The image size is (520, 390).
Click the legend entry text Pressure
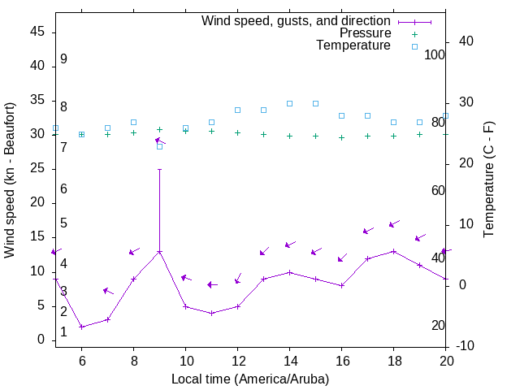(x=365, y=33)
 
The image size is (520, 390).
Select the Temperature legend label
(x=353, y=45)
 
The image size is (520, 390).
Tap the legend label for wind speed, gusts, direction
(x=297, y=21)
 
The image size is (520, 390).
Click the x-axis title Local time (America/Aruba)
(x=250, y=379)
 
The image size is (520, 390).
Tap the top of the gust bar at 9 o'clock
(x=159, y=170)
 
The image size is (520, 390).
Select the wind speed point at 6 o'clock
(x=81, y=327)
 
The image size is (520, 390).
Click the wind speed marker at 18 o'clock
(x=393, y=251)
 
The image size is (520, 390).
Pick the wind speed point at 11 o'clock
(x=211, y=313)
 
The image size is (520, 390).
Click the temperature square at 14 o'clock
(x=289, y=103)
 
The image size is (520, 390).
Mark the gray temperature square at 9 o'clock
(x=159, y=146)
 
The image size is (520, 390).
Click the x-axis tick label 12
(x=237, y=361)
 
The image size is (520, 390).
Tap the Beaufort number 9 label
(x=63, y=59)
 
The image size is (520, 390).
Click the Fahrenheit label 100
(x=435, y=55)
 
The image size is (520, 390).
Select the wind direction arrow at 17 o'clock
(x=368, y=231)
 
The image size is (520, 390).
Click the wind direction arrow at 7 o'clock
(x=108, y=291)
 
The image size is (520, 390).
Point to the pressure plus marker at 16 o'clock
(x=341, y=137)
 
